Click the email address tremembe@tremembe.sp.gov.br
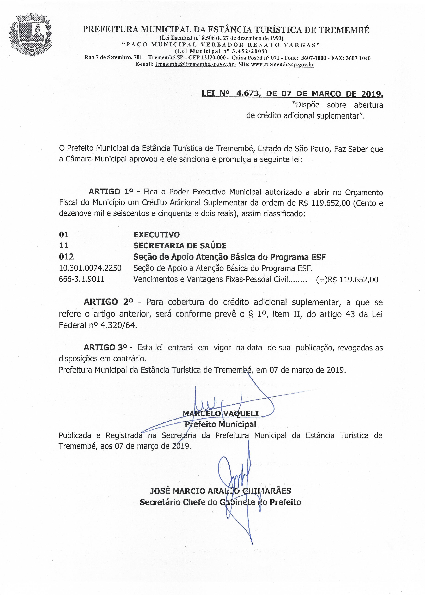(195, 64)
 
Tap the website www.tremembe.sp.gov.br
(282, 64)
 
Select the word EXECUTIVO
(156, 234)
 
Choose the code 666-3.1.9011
(82, 279)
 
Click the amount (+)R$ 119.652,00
(347, 280)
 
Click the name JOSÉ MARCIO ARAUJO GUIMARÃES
(220, 491)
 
